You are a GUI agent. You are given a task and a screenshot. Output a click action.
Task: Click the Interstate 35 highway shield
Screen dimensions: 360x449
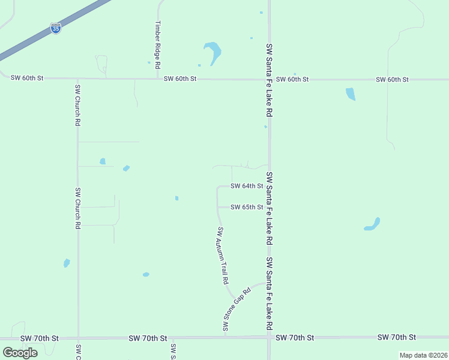tap(55, 28)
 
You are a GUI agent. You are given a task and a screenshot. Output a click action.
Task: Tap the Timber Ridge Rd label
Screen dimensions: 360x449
tap(158, 44)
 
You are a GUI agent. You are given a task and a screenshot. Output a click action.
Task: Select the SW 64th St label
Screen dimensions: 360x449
tap(247, 186)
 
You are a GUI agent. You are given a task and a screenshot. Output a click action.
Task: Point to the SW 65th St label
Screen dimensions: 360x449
tap(247, 207)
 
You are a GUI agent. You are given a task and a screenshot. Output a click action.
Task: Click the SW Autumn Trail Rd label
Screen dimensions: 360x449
tap(223, 256)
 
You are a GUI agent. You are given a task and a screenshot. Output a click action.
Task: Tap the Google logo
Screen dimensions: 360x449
tap(20, 352)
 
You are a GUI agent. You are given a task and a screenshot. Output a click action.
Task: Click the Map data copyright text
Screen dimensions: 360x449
tap(423, 355)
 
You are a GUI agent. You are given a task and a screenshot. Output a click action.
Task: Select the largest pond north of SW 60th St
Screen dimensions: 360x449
tap(212, 52)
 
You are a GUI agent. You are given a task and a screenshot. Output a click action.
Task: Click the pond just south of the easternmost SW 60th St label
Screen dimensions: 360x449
tap(351, 94)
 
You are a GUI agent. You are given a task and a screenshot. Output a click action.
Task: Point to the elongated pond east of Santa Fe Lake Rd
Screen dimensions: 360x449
tap(372, 224)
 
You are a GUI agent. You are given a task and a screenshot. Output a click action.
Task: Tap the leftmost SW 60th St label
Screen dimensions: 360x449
tap(28, 78)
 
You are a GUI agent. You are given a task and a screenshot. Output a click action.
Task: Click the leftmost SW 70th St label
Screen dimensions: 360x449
tap(39, 338)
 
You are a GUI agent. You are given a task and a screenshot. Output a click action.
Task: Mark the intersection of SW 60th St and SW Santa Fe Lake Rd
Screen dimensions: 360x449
tap(270, 79)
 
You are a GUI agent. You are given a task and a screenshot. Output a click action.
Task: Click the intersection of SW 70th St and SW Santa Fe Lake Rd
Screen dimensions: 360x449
tap(269, 337)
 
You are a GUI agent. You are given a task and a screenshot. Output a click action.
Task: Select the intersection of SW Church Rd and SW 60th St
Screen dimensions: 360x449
tap(77, 78)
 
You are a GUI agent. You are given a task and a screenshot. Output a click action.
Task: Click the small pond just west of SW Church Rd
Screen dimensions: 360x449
tap(67, 263)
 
